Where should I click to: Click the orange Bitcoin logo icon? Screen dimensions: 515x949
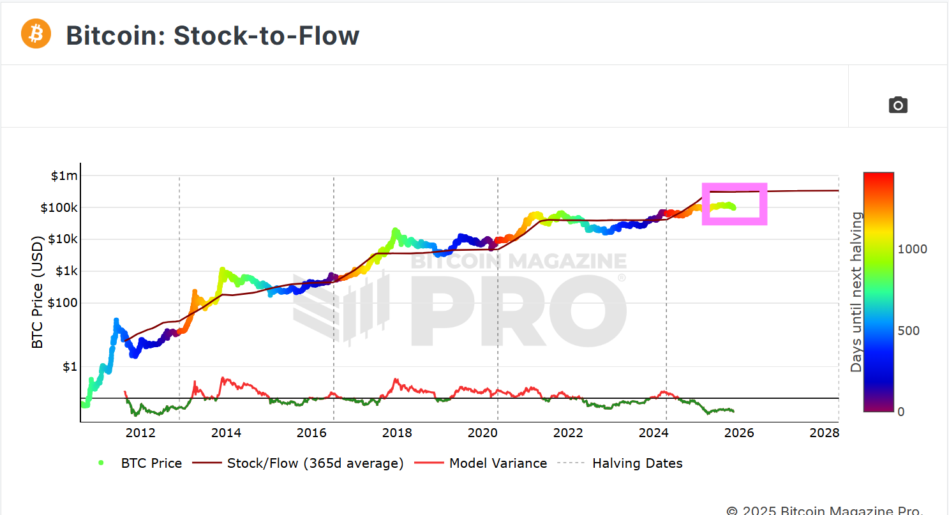pyautogui.click(x=36, y=34)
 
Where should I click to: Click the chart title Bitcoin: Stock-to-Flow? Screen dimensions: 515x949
pyautogui.click(x=213, y=36)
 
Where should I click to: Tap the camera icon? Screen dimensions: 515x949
pyautogui.click(x=898, y=105)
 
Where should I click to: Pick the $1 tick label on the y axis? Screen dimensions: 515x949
pyautogui.click(x=70, y=367)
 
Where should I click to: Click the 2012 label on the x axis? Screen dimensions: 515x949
pyautogui.click(x=140, y=433)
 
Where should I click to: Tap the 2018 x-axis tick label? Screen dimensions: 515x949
pyautogui.click(x=397, y=433)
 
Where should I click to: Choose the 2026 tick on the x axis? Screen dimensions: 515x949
pyautogui.click(x=738, y=433)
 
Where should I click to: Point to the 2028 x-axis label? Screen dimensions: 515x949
pyautogui.click(x=824, y=433)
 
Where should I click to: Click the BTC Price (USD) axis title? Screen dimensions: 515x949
pyautogui.click(x=38, y=293)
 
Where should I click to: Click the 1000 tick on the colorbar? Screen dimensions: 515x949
pyautogui.click(x=913, y=249)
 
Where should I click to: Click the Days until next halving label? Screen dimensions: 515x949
pyautogui.click(x=856, y=292)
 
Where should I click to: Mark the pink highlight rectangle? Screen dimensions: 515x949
pyautogui.click(x=735, y=204)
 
